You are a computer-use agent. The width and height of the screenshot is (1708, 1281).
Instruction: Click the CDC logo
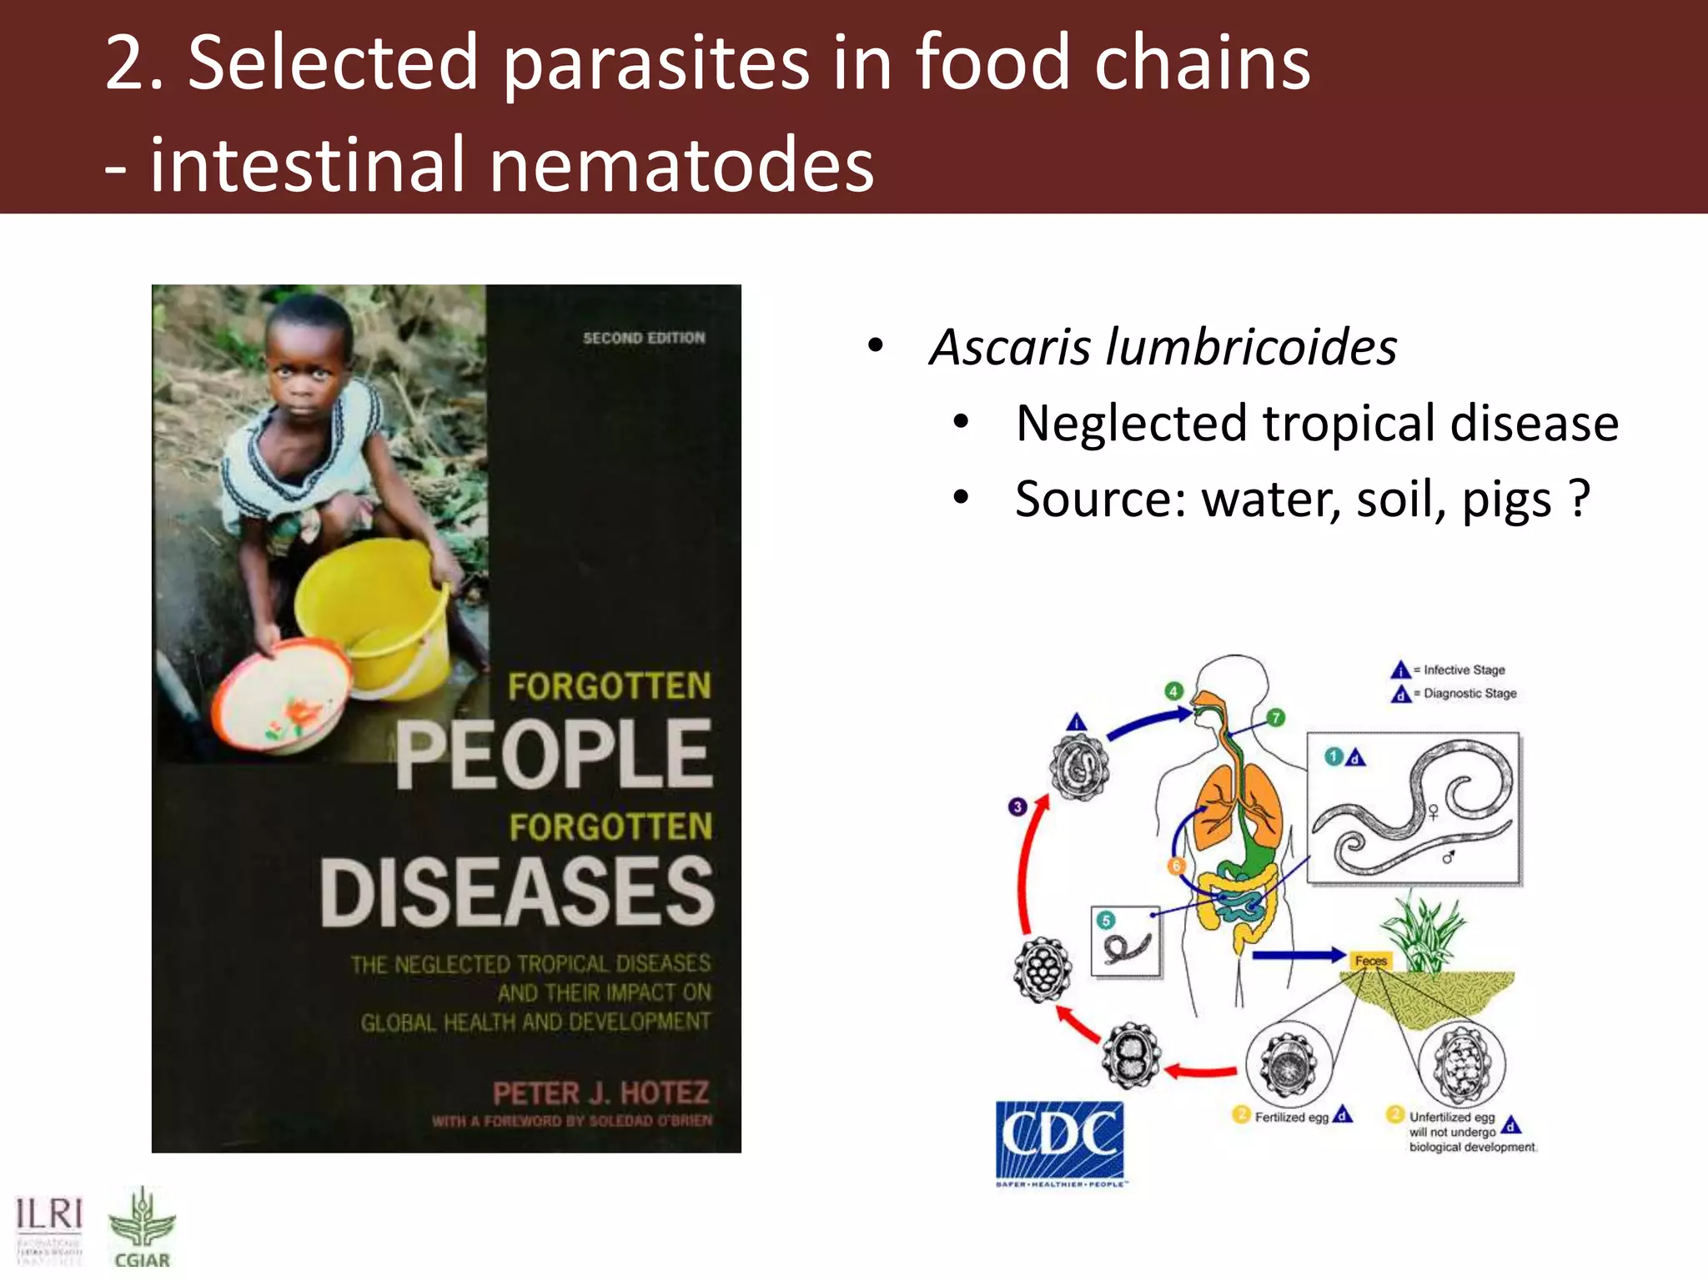click(1059, 1140)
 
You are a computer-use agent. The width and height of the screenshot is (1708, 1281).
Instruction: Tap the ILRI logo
click(49, 1225)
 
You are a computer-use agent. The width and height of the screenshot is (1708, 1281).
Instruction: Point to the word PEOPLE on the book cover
click(554, 755)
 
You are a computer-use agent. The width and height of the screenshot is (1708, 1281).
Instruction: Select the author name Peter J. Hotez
click(600, 1093)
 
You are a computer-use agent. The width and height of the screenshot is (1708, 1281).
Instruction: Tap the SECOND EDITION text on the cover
click(644, 338)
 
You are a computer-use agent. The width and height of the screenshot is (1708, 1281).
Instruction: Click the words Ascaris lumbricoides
click(1163, 347)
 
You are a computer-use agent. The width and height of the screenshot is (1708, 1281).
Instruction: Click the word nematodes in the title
click(681, 164)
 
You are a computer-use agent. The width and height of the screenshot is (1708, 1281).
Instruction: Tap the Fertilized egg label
click(1291, 1118)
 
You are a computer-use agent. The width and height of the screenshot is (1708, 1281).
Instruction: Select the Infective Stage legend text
click(1464, 670)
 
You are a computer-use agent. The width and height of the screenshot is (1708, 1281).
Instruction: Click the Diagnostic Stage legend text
click(1469, 693)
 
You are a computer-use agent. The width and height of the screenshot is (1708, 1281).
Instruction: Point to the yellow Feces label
click(1370, 961)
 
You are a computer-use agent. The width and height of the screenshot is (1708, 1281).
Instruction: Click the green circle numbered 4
click(1173, 691)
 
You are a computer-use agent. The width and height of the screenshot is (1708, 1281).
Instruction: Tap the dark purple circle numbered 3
click(1017, 806)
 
